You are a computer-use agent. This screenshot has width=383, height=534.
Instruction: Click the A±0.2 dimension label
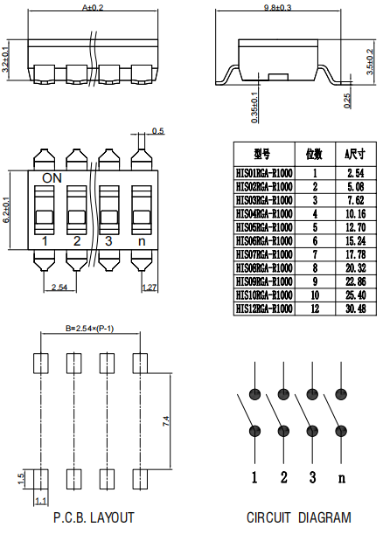[x=92, y=7]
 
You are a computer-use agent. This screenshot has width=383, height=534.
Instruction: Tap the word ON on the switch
[x=52, y=177]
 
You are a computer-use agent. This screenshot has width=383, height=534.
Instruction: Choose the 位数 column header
[x=314, y=154]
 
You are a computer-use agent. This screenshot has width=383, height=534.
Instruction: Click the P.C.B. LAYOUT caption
[x=94, y=517]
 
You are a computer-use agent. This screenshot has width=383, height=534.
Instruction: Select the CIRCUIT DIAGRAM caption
[x=298, y=517]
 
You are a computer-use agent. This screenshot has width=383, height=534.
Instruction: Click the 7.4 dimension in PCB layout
[x=165, y=421]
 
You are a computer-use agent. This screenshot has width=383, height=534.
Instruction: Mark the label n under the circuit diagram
[x=342, y=477]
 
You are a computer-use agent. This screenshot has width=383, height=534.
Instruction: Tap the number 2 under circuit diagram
[x=283, y=477]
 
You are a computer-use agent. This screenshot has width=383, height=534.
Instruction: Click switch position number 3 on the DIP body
[x=108, y=240]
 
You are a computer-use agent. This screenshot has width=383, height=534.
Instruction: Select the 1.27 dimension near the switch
[x=149, y=287]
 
